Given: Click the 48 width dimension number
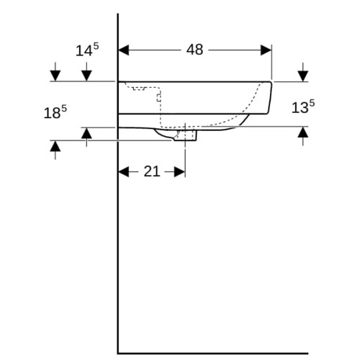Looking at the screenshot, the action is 194,50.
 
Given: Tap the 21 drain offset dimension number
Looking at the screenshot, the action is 152,171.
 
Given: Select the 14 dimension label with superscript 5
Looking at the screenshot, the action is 87,50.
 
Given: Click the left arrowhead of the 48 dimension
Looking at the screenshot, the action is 124,50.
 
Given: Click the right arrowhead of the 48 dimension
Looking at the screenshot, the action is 266,50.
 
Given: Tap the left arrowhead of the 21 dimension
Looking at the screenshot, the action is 124,172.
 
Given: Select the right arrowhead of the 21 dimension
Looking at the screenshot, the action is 179,172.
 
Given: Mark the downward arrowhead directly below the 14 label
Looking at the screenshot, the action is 86,76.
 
